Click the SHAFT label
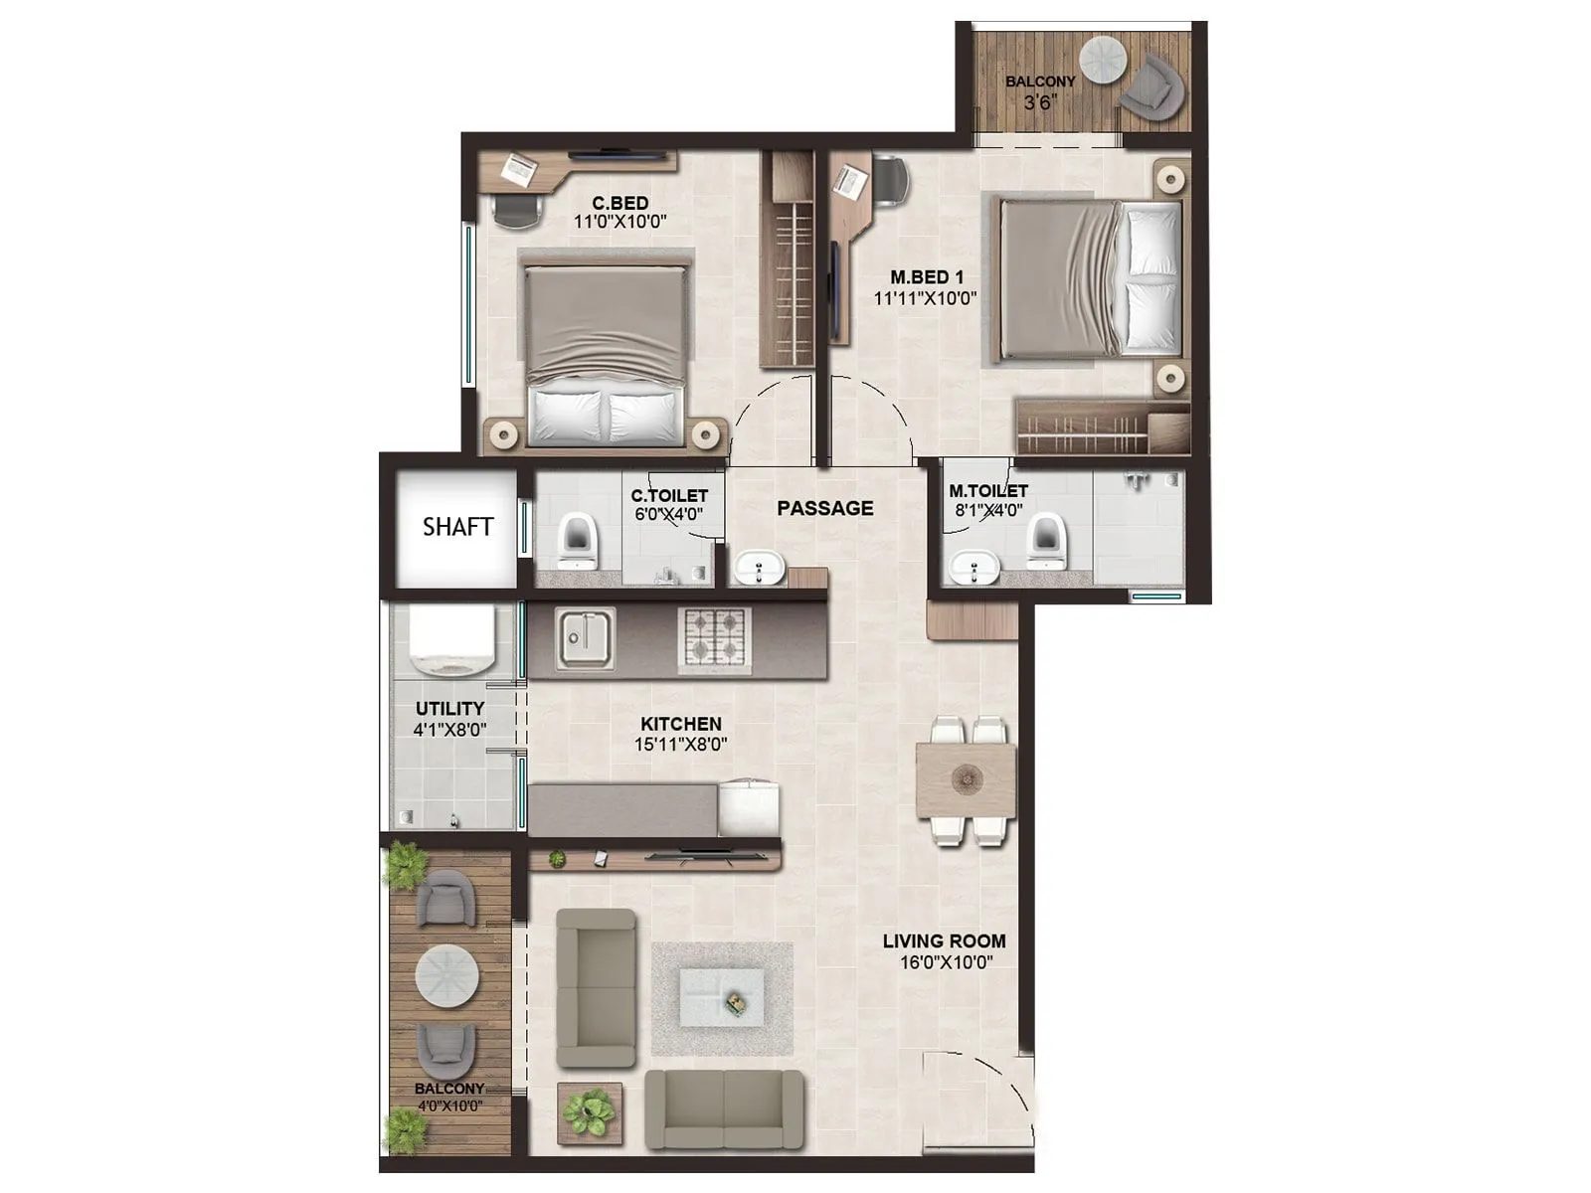tap(457, 527)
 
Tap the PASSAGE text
tap(824, 508)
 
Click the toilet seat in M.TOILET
tap(1045, 542)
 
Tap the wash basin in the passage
tap(760, 570)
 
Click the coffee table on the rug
tap(722, 998)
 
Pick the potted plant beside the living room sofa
tap(590, 1111)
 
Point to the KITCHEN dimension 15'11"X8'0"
tap(681, 744)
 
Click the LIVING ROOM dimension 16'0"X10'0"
tap(944, 961)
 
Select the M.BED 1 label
tap(926, 277)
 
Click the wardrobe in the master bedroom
tap(1099, 427)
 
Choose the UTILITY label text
tap(449, 708)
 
